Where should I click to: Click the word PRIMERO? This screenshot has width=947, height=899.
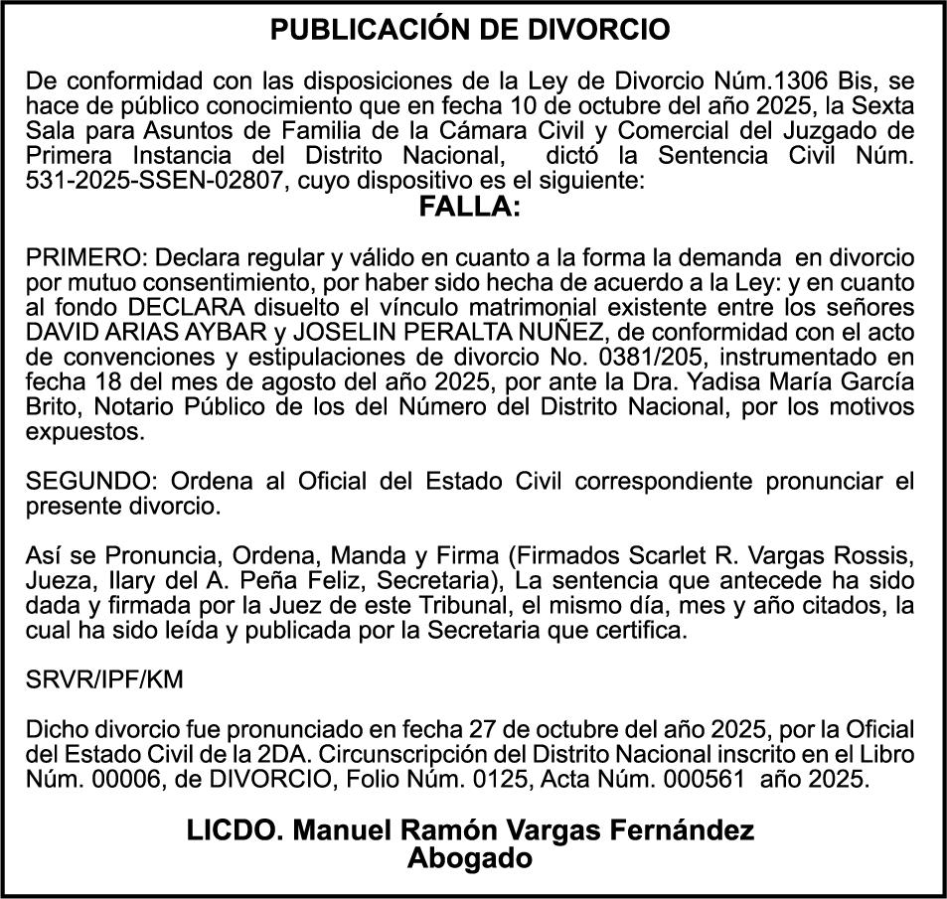tap(85, 257)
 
